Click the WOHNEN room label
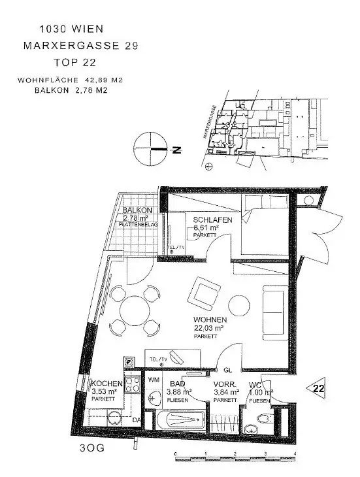[210, 319]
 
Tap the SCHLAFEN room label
[212, 220]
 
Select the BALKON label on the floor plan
[137, 210]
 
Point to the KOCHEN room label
[105, 384]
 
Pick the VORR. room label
[225, 384]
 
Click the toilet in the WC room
[262, 421]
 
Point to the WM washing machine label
[154, 379]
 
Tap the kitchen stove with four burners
[133, 386]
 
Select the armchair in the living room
[205, 293]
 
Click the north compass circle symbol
[150, 149]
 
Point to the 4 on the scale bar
[295, 453]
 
